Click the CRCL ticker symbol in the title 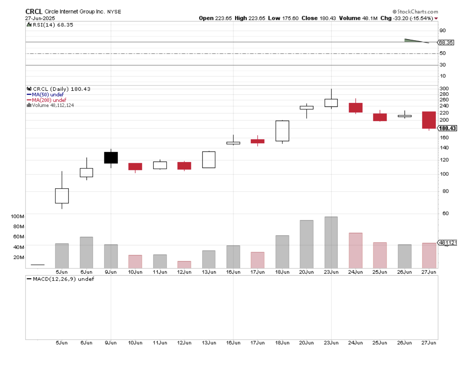pos(34,11)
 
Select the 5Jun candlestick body pos(62,196)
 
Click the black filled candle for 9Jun pos(111,157)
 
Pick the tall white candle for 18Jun pos(282,131)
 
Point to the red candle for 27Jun pos(429,120)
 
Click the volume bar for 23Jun pos(331,242)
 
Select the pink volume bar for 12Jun pos(184,264)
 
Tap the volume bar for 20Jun pos(307,244)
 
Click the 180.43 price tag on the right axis pos(447,128)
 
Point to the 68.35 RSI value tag pos(446,42)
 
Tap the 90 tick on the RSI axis pos(442,31)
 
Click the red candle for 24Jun pos(356,107)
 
